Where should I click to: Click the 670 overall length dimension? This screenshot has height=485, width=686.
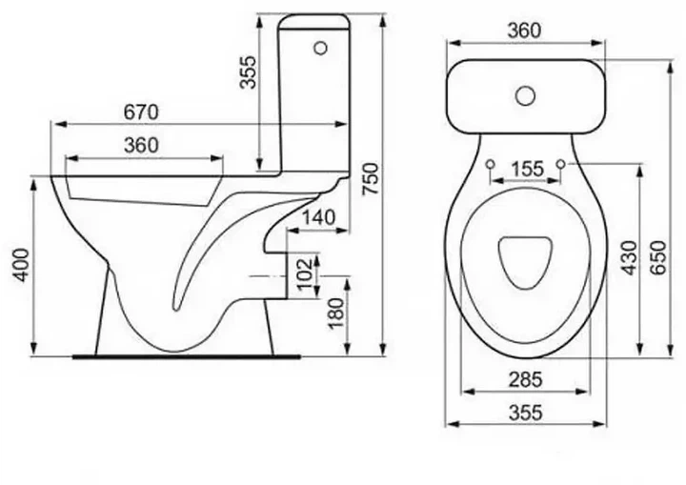[141, 112]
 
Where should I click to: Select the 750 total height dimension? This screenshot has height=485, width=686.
[370, 178]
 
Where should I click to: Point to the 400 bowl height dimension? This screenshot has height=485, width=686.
[21, 265]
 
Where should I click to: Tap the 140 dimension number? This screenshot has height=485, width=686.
[319, 217]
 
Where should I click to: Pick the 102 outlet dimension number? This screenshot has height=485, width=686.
[305, 273]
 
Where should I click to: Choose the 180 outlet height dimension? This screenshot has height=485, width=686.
[336, 313]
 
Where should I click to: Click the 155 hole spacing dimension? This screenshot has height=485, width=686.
[527, 169]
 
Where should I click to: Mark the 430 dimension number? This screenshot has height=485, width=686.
[630, 258]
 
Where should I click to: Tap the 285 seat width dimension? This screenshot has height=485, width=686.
[525, 379]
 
